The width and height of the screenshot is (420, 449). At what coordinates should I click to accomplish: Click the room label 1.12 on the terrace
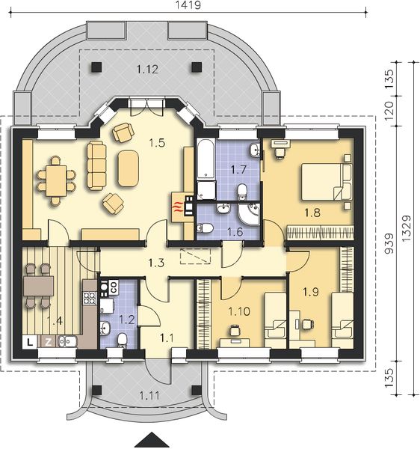(147, 70)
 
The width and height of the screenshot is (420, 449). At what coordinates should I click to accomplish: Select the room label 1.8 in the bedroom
(312, 212)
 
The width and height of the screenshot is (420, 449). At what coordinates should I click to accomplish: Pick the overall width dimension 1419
(187, 5)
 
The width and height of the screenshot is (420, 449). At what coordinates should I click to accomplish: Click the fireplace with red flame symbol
(178, 206)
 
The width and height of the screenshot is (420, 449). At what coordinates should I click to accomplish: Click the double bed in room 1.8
(326, 182)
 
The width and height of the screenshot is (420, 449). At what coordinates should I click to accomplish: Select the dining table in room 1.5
(54, 180)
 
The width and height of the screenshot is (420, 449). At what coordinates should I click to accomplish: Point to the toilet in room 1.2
(123, 340)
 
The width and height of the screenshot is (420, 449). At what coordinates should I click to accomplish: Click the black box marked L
(29, 342)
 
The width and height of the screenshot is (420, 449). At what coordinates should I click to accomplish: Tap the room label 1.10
(238, 311)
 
